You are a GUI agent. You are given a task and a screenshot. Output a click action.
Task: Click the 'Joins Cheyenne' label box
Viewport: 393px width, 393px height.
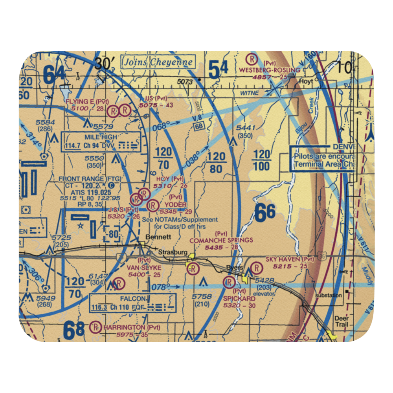click(x=158, y=62)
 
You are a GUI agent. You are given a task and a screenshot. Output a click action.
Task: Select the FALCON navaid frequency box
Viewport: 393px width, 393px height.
click(x=132, y=302)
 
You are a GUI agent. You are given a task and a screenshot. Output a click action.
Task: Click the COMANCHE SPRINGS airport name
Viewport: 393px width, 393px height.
click(x=221, y=240)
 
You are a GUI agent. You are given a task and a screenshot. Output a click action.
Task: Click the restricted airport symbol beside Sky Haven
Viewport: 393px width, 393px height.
click(x=256, y=268)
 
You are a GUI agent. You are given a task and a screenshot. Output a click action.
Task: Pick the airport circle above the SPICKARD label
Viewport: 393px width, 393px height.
click(x=228, y=282)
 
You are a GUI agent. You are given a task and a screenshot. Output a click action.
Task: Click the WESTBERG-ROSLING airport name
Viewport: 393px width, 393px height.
click(x=271, y=70)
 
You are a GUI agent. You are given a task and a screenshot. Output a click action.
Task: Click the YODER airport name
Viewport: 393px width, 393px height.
click(x=175, y=205)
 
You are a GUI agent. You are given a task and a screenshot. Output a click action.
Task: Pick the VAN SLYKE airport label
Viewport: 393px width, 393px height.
click(x=144, y=267)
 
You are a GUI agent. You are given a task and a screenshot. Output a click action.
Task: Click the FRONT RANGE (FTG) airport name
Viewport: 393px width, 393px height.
click(x=90, y=179)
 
